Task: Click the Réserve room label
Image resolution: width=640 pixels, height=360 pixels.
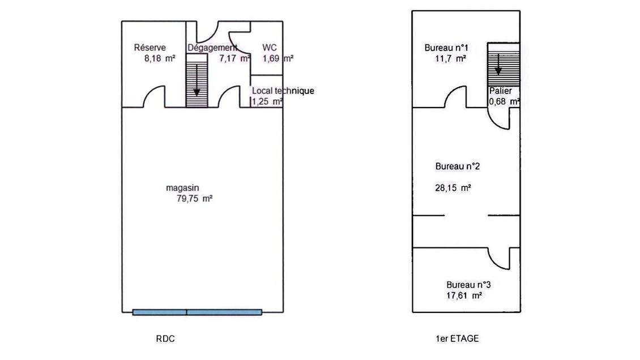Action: (150, 48)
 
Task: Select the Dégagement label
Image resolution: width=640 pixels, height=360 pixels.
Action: (212, 48)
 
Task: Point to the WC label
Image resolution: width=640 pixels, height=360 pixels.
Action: (269, 48)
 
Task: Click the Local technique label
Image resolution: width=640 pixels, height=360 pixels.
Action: (283, 91)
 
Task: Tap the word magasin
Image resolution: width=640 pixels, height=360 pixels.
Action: (182, 188)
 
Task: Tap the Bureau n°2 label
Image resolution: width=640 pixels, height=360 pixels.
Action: (458, 167)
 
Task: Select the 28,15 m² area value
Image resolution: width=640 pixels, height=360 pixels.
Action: (458, 187)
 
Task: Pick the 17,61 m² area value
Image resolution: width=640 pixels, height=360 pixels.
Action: (464, 295)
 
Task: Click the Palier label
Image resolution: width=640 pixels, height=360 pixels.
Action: (501, 91)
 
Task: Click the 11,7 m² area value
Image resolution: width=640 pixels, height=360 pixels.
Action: (448, 58)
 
